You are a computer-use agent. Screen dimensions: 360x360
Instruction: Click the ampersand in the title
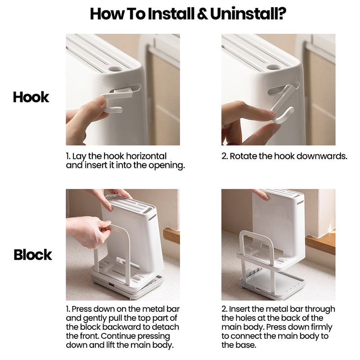pos(202,14)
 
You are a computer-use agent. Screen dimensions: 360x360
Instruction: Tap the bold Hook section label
pos(31,97)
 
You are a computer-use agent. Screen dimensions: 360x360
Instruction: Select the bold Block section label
pos(33,255)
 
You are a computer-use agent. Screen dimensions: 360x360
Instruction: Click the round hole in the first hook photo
pos(115,68)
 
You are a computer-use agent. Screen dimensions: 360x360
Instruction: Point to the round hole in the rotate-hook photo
pos(274,67)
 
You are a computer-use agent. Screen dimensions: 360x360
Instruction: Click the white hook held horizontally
pos(115,101)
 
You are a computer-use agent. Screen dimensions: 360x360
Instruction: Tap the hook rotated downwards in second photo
pos(283,103)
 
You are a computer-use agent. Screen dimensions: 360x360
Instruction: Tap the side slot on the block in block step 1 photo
pos(152,218)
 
